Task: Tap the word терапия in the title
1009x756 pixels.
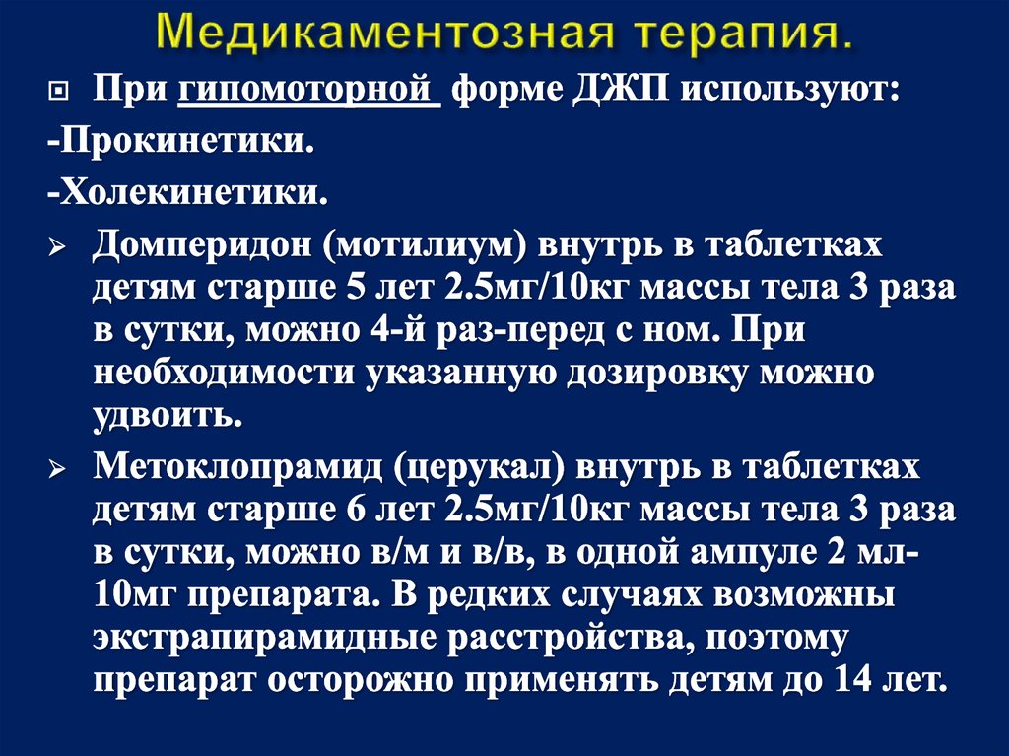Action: [x=733, y=34]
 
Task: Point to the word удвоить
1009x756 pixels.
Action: [x=167, y=416]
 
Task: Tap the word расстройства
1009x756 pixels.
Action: [x=563, y=639]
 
